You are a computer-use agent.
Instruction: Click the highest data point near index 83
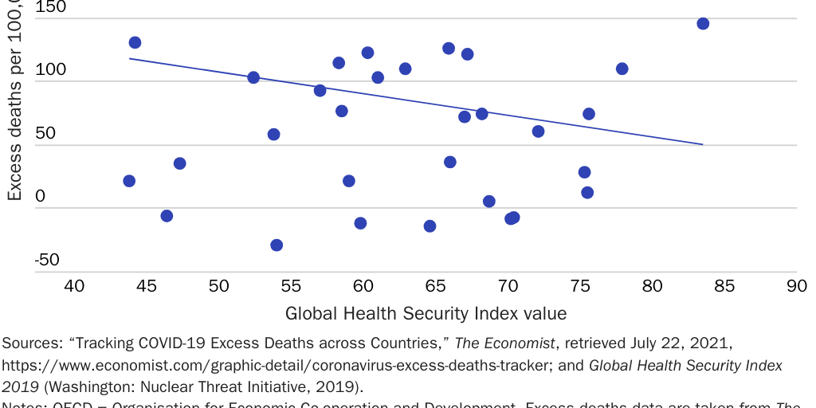coord(703,24)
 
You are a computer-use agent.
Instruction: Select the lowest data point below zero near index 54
coord(277,245)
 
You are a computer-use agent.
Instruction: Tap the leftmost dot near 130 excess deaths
coord(135,42)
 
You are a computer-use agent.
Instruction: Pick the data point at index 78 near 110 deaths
coord(622,69)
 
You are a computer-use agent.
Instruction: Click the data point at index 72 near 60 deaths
coord(538,131)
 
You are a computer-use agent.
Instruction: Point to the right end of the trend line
coord(702,144)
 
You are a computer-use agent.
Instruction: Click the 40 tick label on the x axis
coord(74,286)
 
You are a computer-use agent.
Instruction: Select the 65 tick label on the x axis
coord(435,286)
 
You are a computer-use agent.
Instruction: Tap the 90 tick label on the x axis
coord(796,286)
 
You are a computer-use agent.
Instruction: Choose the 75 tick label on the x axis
coord(580,286)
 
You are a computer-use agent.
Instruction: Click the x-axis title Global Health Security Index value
coord(426,313)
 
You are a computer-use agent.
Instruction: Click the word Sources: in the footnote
coord(31,343)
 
